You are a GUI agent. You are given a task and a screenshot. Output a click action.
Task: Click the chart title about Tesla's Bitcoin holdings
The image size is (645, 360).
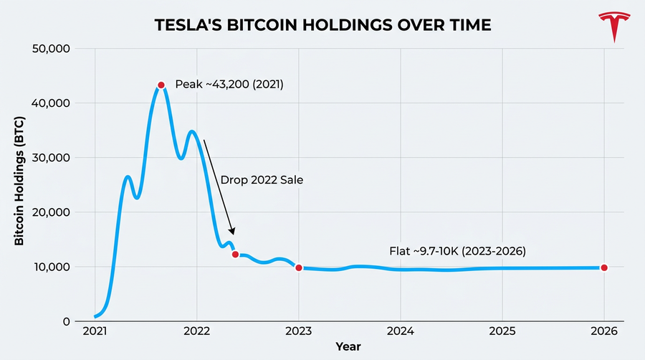[323, 25]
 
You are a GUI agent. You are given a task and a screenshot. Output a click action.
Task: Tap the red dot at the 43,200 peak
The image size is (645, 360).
[161, 85]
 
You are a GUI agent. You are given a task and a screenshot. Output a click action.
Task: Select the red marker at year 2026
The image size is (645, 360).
[604, 267]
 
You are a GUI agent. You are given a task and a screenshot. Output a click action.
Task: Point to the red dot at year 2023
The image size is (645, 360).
[299, 267]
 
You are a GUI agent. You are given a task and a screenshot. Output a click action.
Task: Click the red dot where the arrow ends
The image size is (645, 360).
[236, 254]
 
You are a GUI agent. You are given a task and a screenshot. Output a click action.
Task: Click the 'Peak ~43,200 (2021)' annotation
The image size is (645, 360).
[229, 85]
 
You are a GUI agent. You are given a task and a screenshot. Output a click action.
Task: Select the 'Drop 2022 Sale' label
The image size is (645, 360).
[262, 180]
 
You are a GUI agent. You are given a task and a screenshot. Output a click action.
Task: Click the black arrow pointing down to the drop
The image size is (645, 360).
[219, 186]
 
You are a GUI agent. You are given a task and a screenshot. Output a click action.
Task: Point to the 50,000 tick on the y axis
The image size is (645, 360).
[50, 49]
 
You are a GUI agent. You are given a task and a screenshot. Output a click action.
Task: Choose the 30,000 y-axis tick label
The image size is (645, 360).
[50, 158]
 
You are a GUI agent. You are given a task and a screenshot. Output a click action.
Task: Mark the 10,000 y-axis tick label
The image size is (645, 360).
[50, 267]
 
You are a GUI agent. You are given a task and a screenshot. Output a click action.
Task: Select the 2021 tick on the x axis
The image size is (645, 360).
[95, 332]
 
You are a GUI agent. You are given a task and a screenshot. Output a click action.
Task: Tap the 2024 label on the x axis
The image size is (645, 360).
[400, 332]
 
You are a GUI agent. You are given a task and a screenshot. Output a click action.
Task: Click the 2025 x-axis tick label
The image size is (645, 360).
[502, 332]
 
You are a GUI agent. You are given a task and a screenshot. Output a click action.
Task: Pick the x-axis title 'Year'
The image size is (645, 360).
[349, 346]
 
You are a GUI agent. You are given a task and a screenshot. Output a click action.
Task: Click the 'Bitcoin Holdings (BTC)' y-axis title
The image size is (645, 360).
[19, 185]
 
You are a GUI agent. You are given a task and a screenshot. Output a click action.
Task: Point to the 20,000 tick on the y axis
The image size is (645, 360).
[50, 212]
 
